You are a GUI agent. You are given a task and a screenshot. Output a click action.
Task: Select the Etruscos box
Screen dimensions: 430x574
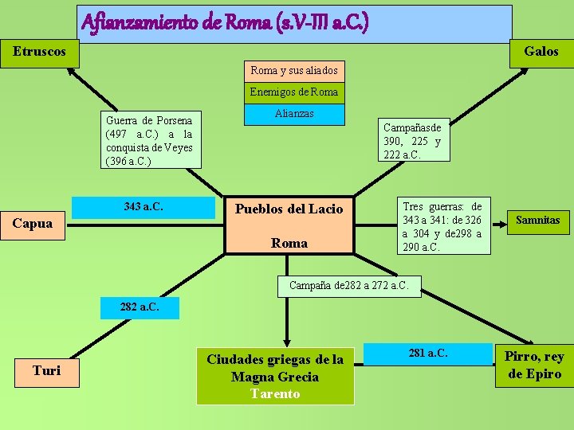(39, 52)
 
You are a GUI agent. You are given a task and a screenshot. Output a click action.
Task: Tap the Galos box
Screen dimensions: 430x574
(541, 52)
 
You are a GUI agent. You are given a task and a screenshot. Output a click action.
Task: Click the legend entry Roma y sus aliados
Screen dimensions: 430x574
(294, 70)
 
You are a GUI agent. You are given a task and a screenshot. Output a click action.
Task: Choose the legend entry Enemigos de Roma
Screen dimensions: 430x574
(294, 92)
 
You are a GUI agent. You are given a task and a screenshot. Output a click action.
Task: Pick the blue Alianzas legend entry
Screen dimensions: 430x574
(294, 114)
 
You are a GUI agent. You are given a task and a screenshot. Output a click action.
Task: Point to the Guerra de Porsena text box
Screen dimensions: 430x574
(149, 140)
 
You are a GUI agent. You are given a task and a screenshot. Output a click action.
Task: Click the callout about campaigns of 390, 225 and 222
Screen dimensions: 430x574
(412, 141)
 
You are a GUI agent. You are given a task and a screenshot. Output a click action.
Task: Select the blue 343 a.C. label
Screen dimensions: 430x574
(144, 207)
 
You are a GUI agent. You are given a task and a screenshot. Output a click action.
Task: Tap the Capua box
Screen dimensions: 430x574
(33, 223)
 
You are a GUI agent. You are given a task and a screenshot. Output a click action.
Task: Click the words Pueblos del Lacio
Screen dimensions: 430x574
(289, 209)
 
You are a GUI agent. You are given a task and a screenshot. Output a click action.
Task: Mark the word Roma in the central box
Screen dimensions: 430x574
(289, 244)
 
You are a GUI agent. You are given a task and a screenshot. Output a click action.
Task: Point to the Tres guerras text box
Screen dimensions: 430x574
(442, 226)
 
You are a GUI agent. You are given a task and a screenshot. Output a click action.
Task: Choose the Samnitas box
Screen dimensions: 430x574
(538, 220)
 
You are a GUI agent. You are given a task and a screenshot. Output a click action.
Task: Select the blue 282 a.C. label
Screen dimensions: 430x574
(140, 307)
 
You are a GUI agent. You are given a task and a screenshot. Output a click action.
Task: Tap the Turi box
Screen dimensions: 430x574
(46, 370)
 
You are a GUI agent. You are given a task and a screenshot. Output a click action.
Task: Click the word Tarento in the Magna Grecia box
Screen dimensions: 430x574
(275, 393)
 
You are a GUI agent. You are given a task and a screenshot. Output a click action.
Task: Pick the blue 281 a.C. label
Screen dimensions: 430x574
(428, 353)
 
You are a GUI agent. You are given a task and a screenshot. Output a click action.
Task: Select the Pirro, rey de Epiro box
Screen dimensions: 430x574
(534, 365)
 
